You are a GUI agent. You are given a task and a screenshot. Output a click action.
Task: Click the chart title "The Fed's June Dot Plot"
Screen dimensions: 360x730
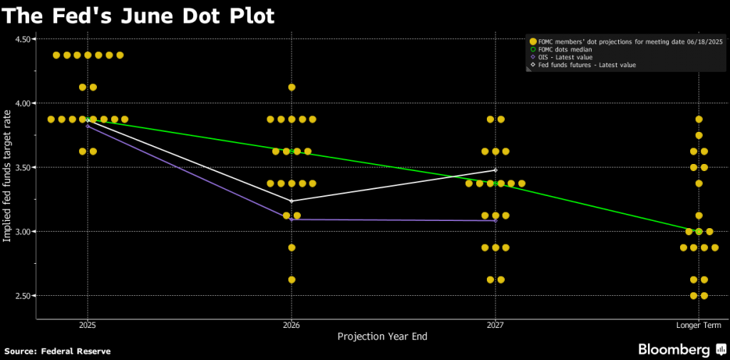coord(139,15)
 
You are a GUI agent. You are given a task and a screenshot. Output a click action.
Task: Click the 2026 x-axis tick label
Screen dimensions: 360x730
coord(291,325)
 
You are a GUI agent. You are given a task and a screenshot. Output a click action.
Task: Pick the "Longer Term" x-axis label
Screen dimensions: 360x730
coord(699,325)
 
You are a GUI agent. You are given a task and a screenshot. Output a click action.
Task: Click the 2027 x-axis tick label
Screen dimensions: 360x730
coord(495,325)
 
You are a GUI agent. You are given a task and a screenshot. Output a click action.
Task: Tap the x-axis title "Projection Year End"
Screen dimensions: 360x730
coord(382,336)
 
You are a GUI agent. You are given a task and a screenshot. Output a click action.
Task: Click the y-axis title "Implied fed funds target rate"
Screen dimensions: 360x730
coord(8,172)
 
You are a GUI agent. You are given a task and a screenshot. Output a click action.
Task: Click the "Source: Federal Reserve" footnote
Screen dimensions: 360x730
coord(58,351)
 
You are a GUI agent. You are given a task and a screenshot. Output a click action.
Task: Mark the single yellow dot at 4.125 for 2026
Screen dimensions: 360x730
coord(292,87)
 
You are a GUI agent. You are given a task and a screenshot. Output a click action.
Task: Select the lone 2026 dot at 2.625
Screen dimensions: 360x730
coord(292,279)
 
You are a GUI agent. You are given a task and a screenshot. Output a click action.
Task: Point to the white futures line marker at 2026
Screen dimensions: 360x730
coord(292,201)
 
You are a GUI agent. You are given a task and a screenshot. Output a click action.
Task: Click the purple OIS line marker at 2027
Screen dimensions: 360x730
coord(495,220)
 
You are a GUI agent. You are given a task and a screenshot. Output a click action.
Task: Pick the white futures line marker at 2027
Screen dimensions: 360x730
coord(495,170)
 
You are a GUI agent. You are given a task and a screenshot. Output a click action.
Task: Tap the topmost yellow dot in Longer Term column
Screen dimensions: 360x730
coord(699,119)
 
